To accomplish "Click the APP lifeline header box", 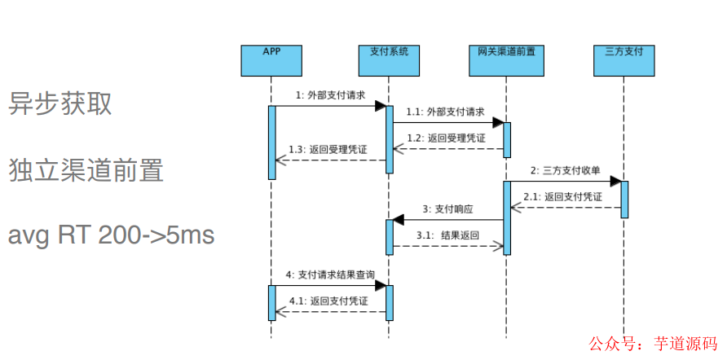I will (x=271, y=59).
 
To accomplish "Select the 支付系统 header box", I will (x=389, y=59).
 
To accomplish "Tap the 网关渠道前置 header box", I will (x=506, y=59).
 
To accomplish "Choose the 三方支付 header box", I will (x=624, y=59).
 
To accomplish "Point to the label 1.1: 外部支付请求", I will (x=446, y=112).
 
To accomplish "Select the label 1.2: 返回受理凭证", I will (x=446, y=138).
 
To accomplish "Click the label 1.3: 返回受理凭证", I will (x=328, y=150).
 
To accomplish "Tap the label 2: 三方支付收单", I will (x=565, y=170).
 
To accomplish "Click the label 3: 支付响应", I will (x=447, y=209).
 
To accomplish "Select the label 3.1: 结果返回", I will (x=447, y=235).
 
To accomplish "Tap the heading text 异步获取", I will (x=60, y=103).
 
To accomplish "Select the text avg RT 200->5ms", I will (x=112, y=235).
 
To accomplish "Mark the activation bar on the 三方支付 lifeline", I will (x=624, y=199).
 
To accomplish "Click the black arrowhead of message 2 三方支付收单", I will (x=615, y=181).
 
